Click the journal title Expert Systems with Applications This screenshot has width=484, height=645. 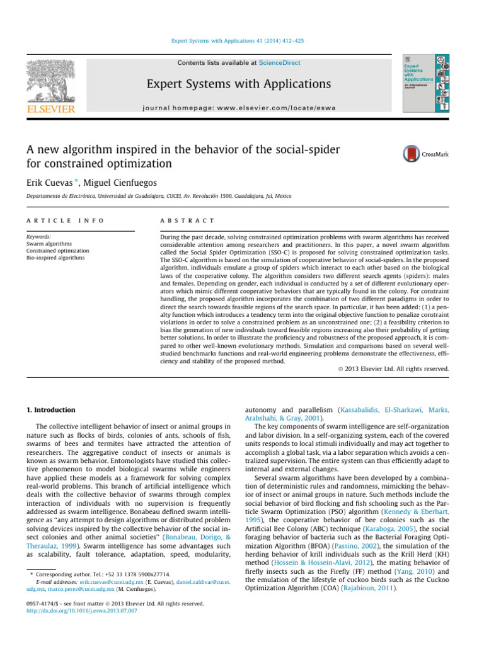[x=239, y=84]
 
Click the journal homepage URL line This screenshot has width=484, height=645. [x=239, y=108]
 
